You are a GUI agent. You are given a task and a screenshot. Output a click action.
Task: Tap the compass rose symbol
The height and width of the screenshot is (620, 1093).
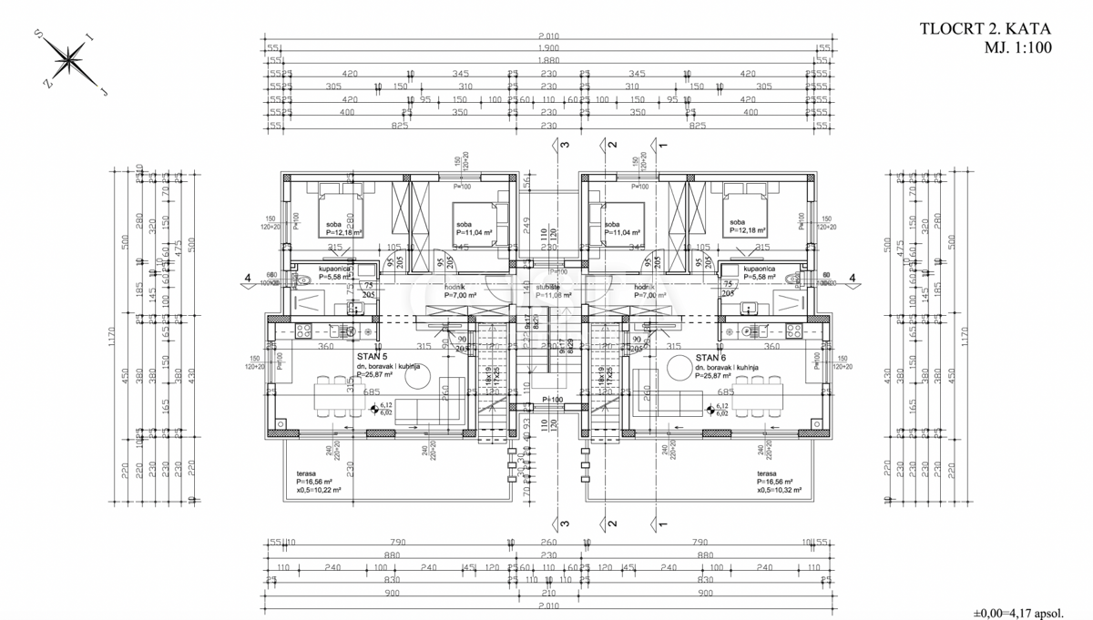pyautogui.click(x=69, y=61)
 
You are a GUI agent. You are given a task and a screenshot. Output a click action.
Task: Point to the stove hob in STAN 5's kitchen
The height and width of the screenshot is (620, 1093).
pyautogui.click(x=304, y=330)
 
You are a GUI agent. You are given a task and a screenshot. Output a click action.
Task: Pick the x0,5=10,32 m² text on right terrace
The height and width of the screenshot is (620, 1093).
pyautogui.click(x=778, y=490)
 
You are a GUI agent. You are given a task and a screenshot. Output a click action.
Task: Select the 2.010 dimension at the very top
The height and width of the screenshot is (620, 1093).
pyautogui.click(x=547, y=37)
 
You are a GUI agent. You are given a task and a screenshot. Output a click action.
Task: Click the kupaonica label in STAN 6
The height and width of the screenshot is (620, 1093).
pyautogui.click(x=760, y=269)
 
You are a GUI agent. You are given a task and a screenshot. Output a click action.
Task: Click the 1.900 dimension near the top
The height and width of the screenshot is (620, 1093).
pyautogui.click(x=547, y=48)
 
